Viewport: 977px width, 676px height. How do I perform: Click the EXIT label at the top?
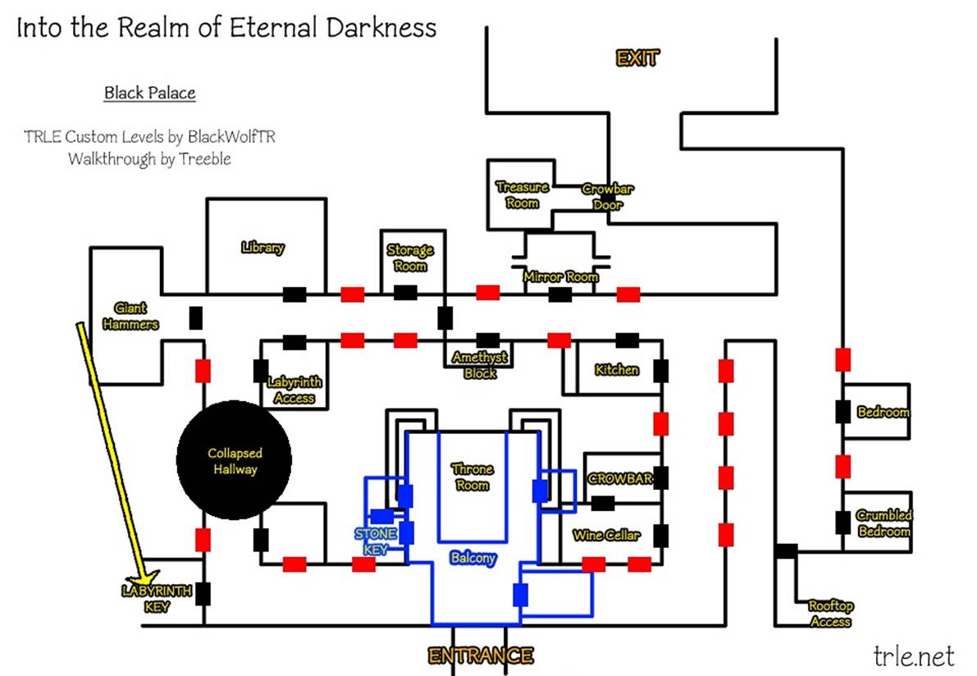(x=637, y=57)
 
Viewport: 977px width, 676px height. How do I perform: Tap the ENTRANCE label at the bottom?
(x=480, y=655)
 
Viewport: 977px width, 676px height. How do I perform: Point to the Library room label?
(x=263, y=247)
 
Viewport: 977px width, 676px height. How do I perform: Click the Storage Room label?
(x=410, y=258)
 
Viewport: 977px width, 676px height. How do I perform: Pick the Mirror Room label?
(x=561, y=277)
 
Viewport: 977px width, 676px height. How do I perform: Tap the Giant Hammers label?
(x=130, y=316)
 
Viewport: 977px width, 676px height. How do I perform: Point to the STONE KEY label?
(x=376, y=541)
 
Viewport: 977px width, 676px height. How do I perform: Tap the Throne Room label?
(x=473, y=477)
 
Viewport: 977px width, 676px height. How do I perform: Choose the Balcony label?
(x=473, y=558)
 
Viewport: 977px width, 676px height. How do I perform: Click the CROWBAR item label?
(x=620, y=478)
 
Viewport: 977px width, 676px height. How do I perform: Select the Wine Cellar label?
(x=606, y=535)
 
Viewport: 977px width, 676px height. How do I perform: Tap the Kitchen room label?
(x=617, y=370)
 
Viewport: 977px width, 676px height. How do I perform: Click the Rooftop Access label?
(x=830, y=614)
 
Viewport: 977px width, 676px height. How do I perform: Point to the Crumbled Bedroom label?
(x=883, y=523)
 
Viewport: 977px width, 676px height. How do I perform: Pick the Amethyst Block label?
(x=480, y=365)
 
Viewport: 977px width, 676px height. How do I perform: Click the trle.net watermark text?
(x=914, y=655)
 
